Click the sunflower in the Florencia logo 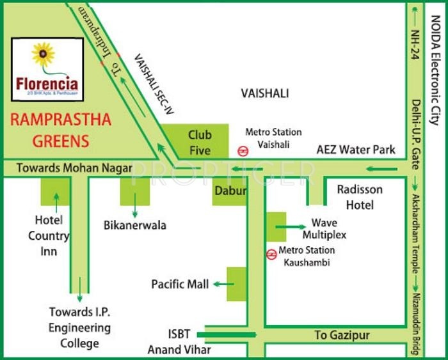pos(44,56)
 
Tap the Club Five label pos(200,143)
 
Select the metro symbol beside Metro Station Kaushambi pos(272,254)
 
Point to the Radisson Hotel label pos(360,197)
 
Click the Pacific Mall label pos(180,284)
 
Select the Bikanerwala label pos(135,225)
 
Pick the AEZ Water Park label pos(356,150)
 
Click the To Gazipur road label pos(342,335)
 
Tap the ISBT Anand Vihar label pos(179,342)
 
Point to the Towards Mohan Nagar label pos(65,168)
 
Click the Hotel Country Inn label pos(49,235)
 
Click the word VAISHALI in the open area pos(264,93)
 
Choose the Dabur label pos(230,190)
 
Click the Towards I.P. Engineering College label pos(80,327)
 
